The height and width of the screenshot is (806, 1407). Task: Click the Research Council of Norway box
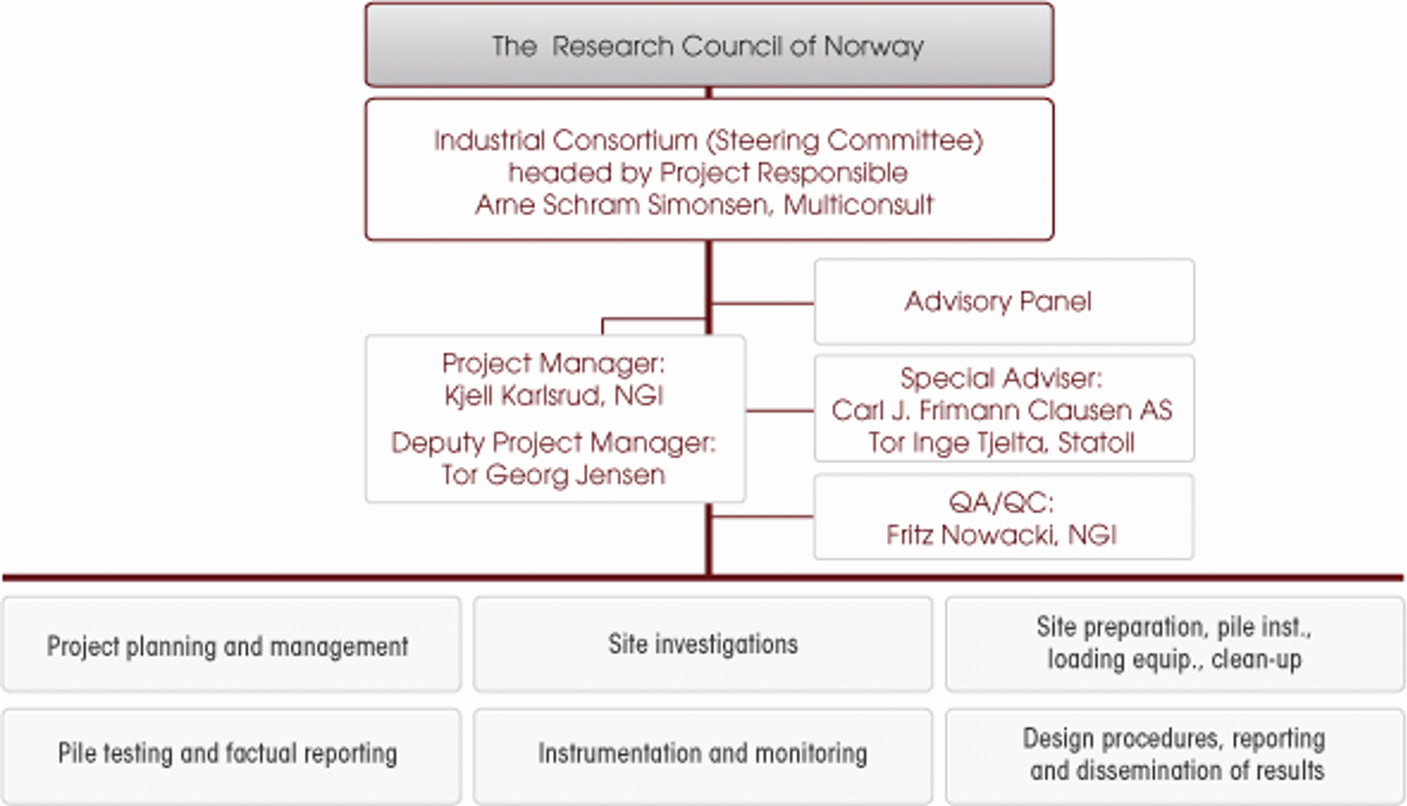point(708,46)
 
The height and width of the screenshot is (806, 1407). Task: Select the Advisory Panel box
point(1003,302)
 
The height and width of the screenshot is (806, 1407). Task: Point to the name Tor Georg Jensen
point(553,475)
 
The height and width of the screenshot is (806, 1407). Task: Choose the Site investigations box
point(703,645)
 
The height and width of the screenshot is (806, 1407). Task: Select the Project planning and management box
point(228,646)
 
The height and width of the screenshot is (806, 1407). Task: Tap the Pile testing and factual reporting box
point(228,753)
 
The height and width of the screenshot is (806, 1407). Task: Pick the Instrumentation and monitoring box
point(703,753)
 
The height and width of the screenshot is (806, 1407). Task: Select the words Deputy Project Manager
point(553,443)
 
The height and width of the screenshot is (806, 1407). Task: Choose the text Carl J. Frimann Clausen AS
point(1002,410)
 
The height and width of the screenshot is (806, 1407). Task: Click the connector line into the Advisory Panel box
point(762,304)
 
